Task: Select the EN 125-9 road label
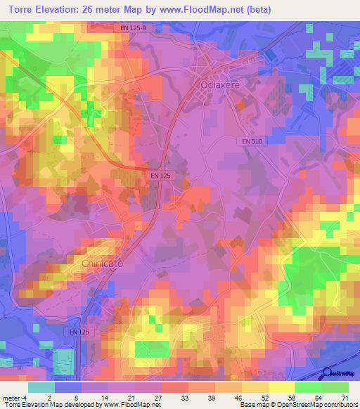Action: pyautogui.click(x=133, y=28)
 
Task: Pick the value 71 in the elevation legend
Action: pyautogui.click(x=345, y=397)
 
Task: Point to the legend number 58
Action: pyautogui.click(x=290, y=397)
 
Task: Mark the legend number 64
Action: pyautogui.click(x=317, y=397)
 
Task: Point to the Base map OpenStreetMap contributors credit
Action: pyautogui.click(x=299, y=405)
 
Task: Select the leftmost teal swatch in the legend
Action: pyautogui.click(x=41, y=387)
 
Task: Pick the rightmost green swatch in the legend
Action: pyautogui.click(x=335, y=387)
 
